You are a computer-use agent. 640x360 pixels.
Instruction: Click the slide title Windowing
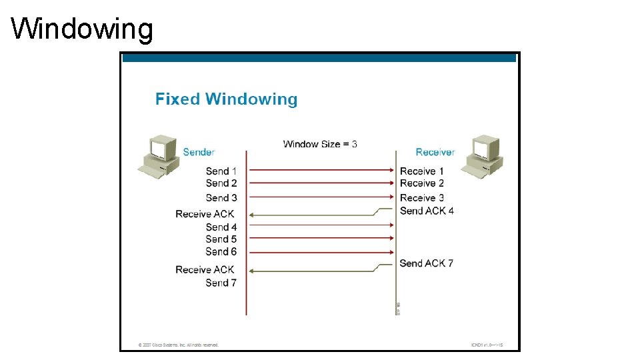(x=82, y=29)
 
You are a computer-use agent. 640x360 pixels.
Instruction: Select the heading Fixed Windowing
(x=226, y=99)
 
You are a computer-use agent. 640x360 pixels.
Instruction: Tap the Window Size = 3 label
(x=320, y=144)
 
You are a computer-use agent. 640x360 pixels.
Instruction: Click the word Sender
(x=199, y=152)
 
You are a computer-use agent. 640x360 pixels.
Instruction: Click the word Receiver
(x=435, y=152)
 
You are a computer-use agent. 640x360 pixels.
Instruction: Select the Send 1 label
(x=221, y=171)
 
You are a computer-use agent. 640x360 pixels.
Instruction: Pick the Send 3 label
(x=221, y=198)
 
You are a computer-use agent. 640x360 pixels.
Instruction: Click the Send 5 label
(x=221, y=239)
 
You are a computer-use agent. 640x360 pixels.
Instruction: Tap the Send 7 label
(x=221, y=283)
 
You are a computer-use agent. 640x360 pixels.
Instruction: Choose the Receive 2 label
(x=422, y=183)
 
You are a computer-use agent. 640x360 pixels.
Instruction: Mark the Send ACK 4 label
(x=427, y=211)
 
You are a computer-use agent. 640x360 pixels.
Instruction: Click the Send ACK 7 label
(x=427, y=263)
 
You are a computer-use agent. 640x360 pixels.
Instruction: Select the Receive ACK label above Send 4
(x=205, y=214)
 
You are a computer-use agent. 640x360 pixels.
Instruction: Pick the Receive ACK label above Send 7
(x=205, y=270)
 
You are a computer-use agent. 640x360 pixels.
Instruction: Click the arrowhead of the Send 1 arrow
(x=392, y=171)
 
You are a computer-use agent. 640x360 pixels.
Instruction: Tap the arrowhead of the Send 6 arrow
(x=392, y=252)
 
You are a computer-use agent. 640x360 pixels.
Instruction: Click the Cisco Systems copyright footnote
(x=178, y=345)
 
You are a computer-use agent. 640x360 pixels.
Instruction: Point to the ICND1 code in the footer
(x=486, y=345)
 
